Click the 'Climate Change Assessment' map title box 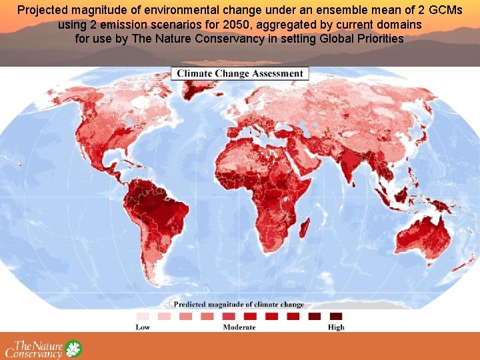[x=240, y=73]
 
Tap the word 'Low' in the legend [x=143, y=327]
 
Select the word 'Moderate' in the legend [x=239, y=327]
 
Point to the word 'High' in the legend [x=336, y=327]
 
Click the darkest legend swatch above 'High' [x=336, y=316]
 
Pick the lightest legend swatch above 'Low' [x=143, y=316]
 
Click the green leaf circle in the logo [x=73, y=349]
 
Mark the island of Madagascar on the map [x=304, y=230]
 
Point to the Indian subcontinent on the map [x=352, y=167]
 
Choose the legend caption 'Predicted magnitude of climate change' [x=239, y=305]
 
